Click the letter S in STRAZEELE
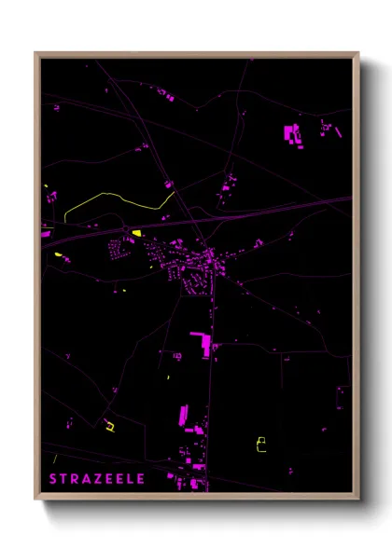[x=54, y=479]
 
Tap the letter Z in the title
[x=99, y=479]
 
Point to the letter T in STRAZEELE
[x=64, y=479]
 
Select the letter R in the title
[x=76, y=479]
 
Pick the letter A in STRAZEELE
[x=87, y=479]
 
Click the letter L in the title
[x=131, y=479]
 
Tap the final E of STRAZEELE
[x=141, y=479]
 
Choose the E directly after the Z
[x=110, y=479]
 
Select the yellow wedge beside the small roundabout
[x=136, y=233]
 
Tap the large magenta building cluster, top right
[x=292, y=133]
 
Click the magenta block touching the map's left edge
[x=45, y=233]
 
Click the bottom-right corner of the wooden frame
[x=358, y=500]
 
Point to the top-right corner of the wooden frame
[x=358, y=53]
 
